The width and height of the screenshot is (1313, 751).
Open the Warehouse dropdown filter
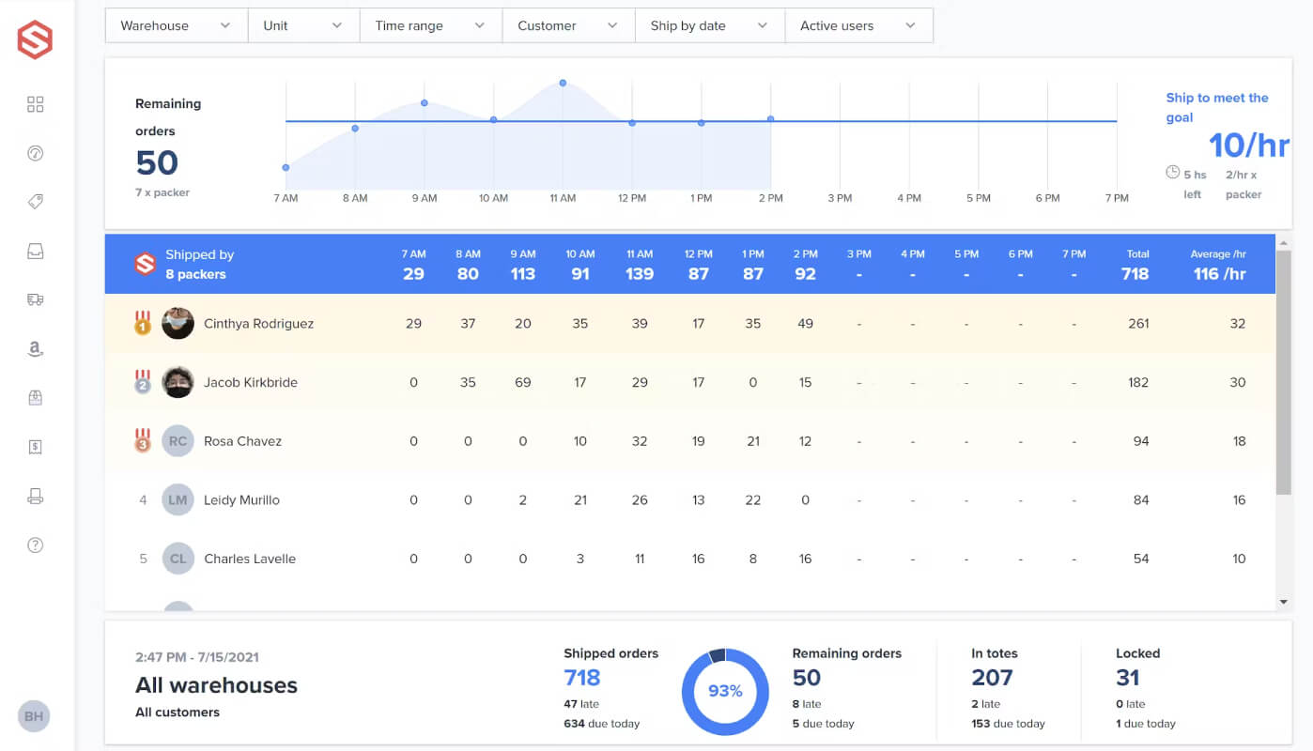tap(176, 25)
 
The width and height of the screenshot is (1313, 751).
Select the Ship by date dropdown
tap(709, 25)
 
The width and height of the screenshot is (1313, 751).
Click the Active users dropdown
tap(858, 25)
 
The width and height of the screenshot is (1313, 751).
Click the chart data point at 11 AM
tap(563, 84)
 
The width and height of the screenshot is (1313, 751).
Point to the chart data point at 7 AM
tap(286, 167)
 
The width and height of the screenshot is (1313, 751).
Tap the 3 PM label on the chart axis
tap(840, 198)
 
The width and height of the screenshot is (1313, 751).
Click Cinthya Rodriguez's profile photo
tap(178, 323)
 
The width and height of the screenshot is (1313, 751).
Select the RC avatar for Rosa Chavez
tap(178, 441)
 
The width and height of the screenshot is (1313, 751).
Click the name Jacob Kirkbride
tap(250, 382)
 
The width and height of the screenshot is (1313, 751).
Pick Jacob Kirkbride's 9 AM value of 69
tap(523, 382)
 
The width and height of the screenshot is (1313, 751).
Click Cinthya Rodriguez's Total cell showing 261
tap(1138, 323)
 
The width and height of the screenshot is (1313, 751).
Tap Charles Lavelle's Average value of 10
tap(1239, 559)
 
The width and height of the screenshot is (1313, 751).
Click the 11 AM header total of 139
tap(640, 273)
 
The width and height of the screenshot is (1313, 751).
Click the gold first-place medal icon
tap(143, 322)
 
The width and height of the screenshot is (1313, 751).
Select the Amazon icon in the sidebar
tap(35, 349)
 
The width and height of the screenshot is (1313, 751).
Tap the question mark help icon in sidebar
tap(35, 544)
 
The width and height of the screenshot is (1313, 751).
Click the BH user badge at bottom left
tap(34, 716)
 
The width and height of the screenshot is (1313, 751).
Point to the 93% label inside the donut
tap(725, 691)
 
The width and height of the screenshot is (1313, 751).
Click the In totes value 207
tap(992, 678)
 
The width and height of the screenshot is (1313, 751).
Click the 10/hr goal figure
tap(1249, 146)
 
